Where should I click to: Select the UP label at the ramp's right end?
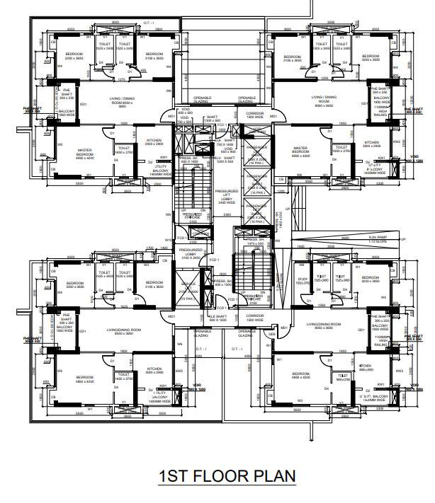coord(403,239)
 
